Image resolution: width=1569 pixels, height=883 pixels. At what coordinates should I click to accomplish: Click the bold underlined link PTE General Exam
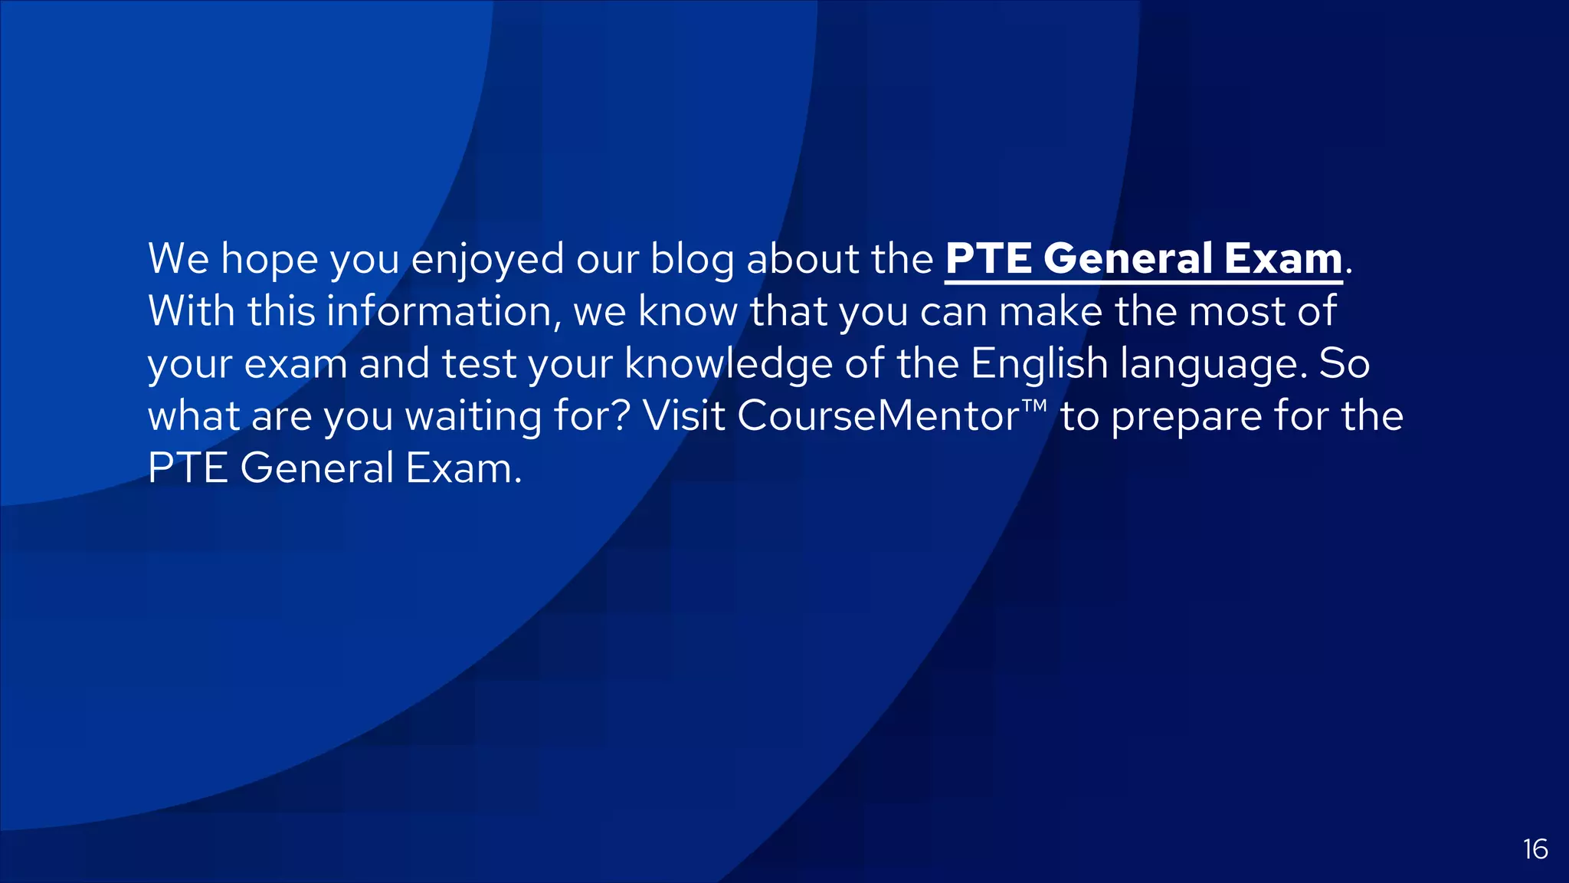tap(1143, 259)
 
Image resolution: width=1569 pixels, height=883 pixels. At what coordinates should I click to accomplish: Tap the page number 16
tap(1535, 849)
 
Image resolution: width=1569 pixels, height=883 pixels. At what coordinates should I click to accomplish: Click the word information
tap(439, 312)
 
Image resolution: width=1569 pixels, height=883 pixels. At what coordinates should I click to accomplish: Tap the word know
tap(688, 312)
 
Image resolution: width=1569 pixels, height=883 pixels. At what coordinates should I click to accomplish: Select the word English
tap(1040, 363)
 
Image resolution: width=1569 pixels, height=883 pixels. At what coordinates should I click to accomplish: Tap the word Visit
tap(684, 415)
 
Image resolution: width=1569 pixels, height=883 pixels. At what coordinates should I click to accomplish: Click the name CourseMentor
tap(878, 416)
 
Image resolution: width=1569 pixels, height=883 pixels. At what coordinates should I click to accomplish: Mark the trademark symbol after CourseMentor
tap(1034, 405)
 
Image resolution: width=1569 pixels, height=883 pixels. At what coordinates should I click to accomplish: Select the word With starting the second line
tap(192, 311)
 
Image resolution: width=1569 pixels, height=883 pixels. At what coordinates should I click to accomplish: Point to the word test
tap(479, 363)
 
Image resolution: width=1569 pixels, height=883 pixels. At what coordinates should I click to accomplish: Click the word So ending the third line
tap(1344, 363)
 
